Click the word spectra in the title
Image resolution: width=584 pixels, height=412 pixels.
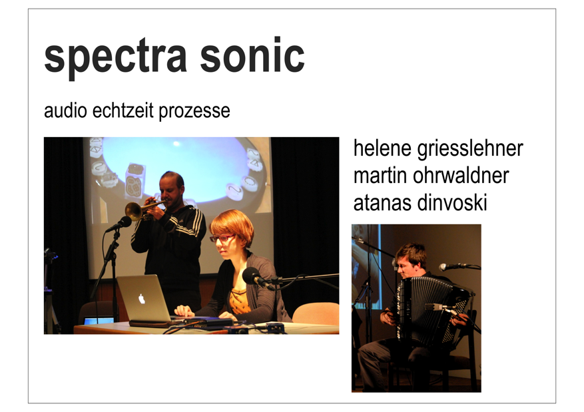point(115,58)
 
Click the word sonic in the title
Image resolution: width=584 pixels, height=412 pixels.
point(252,55)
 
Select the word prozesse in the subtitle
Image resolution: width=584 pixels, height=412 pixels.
point(194,112)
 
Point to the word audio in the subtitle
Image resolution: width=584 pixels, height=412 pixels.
point(65,110)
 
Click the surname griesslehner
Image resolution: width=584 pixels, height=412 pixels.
point(470,149)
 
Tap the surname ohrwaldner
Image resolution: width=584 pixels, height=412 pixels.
point(461,176)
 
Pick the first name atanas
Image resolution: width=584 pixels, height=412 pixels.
point(383,204)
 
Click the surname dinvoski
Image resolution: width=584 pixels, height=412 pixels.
point(453,203)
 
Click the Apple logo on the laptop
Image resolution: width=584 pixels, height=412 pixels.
point(142,298)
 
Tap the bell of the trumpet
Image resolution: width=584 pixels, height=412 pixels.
point(133,212)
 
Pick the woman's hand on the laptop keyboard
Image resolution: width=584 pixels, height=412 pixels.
point(184,310)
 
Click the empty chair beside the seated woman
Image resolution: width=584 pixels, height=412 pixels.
point(316,313)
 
